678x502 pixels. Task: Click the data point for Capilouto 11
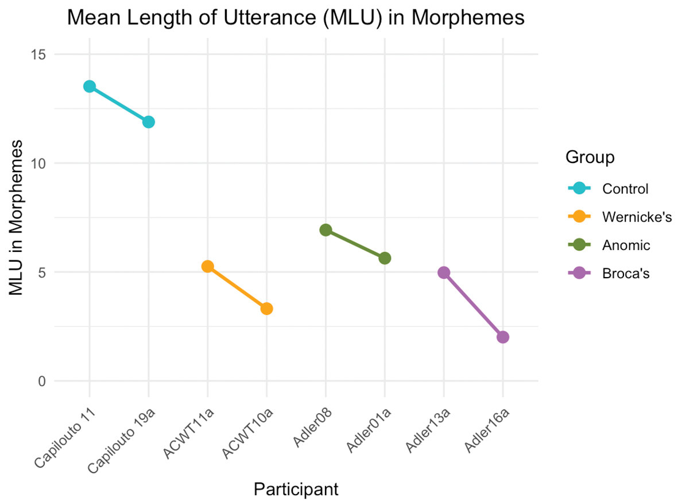click(x=90, y=86)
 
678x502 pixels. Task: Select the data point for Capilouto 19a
click(x=149, y=122)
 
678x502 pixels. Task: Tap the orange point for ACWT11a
click(x=208, y=266)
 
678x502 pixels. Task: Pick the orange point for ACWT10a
click(x=266, y=309)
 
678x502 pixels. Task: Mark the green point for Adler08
click(x=326, y=230)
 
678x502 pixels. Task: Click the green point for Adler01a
click(x=385, y=258)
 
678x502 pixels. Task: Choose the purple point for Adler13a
click(x=444, y=273)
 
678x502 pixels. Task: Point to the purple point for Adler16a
click(x=503, y=337)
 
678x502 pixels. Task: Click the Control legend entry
click(x=625, y=189)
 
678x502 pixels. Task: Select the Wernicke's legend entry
click(x=637, y=217)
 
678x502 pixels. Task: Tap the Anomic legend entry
click(x=626, y=246)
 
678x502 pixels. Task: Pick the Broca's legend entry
click(x=626, y=274)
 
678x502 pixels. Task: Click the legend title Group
click(x=590, y=157)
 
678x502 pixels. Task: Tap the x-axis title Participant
click(x=296, y=489)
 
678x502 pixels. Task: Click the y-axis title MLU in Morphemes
click(x=17, y=217)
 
